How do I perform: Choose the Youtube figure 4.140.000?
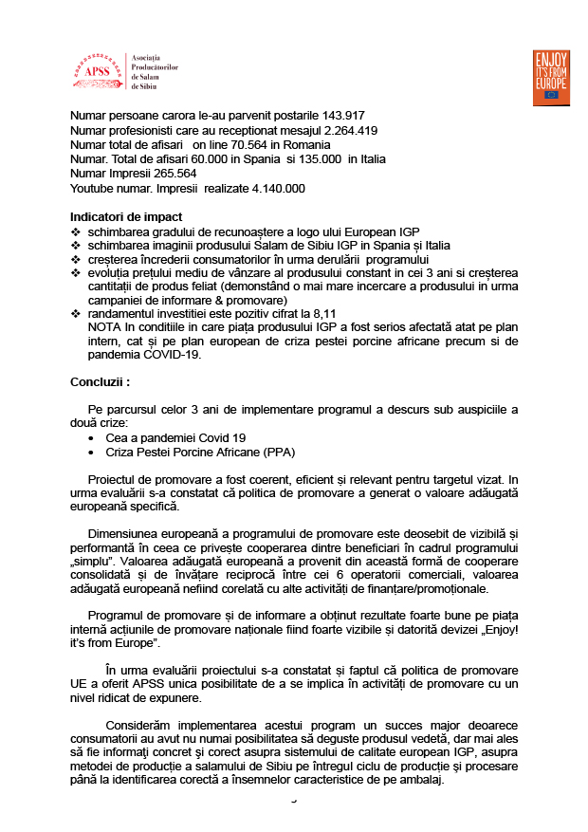tap(278, 188)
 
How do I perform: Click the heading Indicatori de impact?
tap(126, 217)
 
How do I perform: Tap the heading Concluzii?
tap(100, 381)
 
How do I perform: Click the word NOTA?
tap(103, 327)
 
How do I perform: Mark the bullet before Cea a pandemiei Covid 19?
tap(90, 438)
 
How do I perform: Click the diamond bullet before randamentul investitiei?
tap(76, 314)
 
